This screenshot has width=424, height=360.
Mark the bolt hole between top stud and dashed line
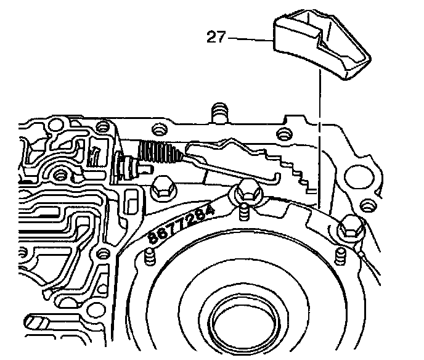pyautogui.click(x=283, y=133)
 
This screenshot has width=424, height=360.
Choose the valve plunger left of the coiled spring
pyautogui.click(x=129, y=166)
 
